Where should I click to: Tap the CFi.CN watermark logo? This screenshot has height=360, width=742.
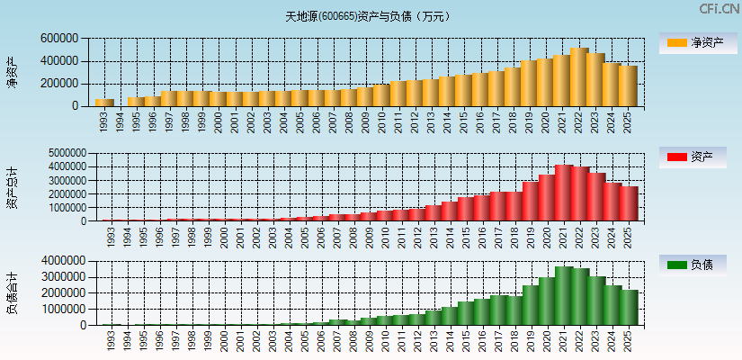pyautogui.click(x=719, y=9)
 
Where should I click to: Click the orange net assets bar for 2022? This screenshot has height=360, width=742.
pyautogui.click(x=578, y=77)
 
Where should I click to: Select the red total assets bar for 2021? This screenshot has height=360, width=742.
pyautogui.click(x=563, y=193)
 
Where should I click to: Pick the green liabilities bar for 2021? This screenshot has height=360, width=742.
pyautogui.click(x=563, y=296)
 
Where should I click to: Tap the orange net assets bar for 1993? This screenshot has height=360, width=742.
pyautogui.click(x=104, y=103)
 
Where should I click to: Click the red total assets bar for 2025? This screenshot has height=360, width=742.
pyautogui.click(x=628, y=203)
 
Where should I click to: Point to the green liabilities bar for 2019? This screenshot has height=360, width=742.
pyautogui.click(x=531, y=305)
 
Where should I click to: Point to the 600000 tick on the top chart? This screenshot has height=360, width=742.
pyautogui.click(x=59, y=39)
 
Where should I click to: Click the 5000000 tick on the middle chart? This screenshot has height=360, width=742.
pyautogui.click(x=62, y=153)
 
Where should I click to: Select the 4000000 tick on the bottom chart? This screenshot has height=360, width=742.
pyautogui.click(x=62, y=260)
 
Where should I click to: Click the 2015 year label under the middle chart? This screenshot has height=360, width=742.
pyautogui.click(x=465, y=237)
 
